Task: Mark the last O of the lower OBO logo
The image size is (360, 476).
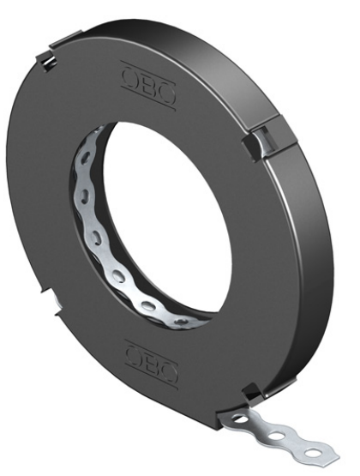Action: pyautogui.click(x=168, y=372)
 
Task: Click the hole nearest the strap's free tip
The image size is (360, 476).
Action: pyautogui.click(x=312, y=455)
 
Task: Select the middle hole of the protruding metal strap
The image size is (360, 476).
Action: pyautogui.click(x=277, y=437)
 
